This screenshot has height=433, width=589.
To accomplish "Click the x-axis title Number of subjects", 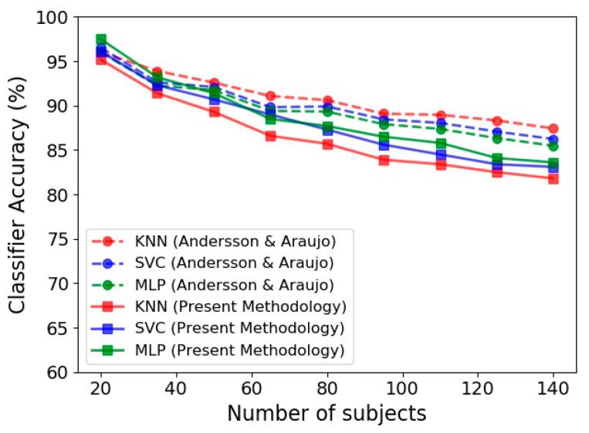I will point(327,414).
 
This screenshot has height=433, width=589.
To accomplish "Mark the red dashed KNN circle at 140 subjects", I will point(553,128).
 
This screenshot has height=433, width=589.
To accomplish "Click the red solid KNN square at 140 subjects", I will point(553,178).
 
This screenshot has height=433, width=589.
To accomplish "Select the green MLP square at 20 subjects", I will point(100,39).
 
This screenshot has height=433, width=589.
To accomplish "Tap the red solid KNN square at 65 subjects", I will point(270,136).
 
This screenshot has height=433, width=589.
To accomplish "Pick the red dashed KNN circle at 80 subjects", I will point(327,101).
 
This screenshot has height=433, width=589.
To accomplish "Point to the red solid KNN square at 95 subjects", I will point(384,160).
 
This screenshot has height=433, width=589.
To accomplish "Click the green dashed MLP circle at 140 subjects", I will point(553,145).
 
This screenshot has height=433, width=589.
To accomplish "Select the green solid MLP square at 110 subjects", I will point(441,144).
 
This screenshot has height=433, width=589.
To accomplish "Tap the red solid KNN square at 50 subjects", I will point(214,111).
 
